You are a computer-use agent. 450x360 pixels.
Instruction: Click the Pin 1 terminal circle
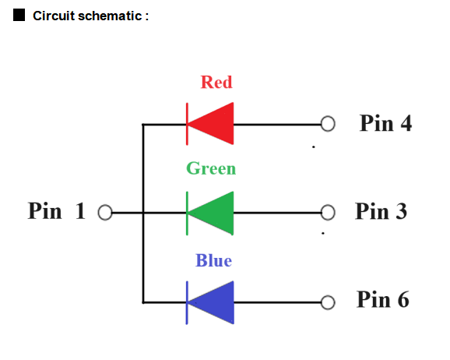point(105,213)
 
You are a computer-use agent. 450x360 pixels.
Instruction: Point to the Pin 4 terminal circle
point(328,124)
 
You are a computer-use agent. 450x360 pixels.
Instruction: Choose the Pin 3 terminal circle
point(328,213)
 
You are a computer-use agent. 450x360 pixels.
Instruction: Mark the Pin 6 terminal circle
point(328,302)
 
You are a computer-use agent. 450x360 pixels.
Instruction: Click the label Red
point(216,82)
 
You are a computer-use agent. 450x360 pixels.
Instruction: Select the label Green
point(211,168)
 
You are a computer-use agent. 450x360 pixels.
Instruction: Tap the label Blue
point(213,260)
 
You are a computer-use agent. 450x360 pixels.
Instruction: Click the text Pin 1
point(57,211)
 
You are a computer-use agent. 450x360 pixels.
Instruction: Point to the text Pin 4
point(385,123)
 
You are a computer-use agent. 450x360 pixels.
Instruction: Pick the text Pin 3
point(381,211)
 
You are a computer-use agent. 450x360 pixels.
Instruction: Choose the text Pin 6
point(383,299)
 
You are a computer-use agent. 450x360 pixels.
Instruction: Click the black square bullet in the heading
point(19,15)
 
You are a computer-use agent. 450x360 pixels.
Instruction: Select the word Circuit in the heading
point(54,16)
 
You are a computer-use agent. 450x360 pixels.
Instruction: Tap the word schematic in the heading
point(110,16)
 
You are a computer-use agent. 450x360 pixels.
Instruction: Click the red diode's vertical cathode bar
point(187,124)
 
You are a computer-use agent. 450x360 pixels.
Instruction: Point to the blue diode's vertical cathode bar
point(187,303)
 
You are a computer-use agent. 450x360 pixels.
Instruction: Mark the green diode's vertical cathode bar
point(187,214)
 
